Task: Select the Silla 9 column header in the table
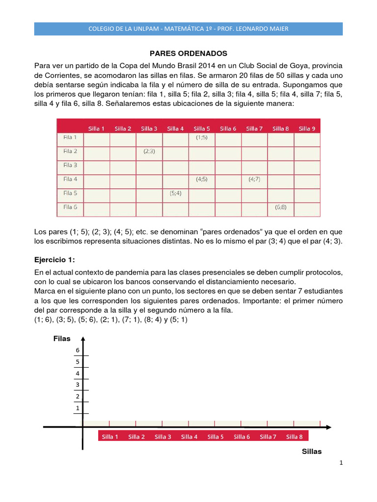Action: [x=307, y=128]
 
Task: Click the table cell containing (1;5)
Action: [x=202, y=138]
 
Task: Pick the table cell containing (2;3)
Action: [x=149, y=151]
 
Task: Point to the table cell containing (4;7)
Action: [x=254, y=179]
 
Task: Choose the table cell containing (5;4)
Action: [x=175, y=193]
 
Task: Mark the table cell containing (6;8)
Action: [x=281, y=207]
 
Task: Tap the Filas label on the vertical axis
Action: [x=62, y=339]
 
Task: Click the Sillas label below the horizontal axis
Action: [x=312, y=452]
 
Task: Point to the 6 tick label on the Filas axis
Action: [x=77, y=350]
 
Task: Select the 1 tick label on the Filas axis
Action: [x=77, y=408]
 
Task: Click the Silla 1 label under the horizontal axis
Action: [x=110, y=437]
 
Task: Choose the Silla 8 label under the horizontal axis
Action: [x=295, y=437]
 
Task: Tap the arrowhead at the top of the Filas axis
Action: [x=83, y=339]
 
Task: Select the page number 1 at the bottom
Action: [x=341, y=463]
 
